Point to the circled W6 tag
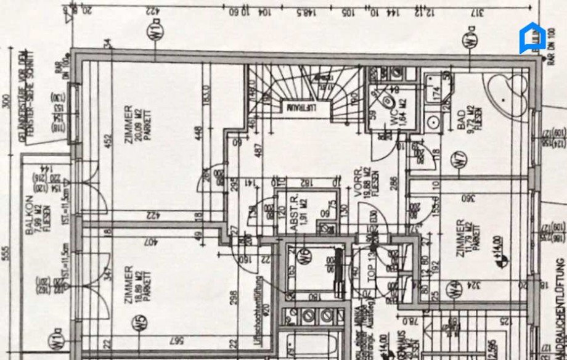click(303, 260)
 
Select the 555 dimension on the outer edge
click(7, 253)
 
